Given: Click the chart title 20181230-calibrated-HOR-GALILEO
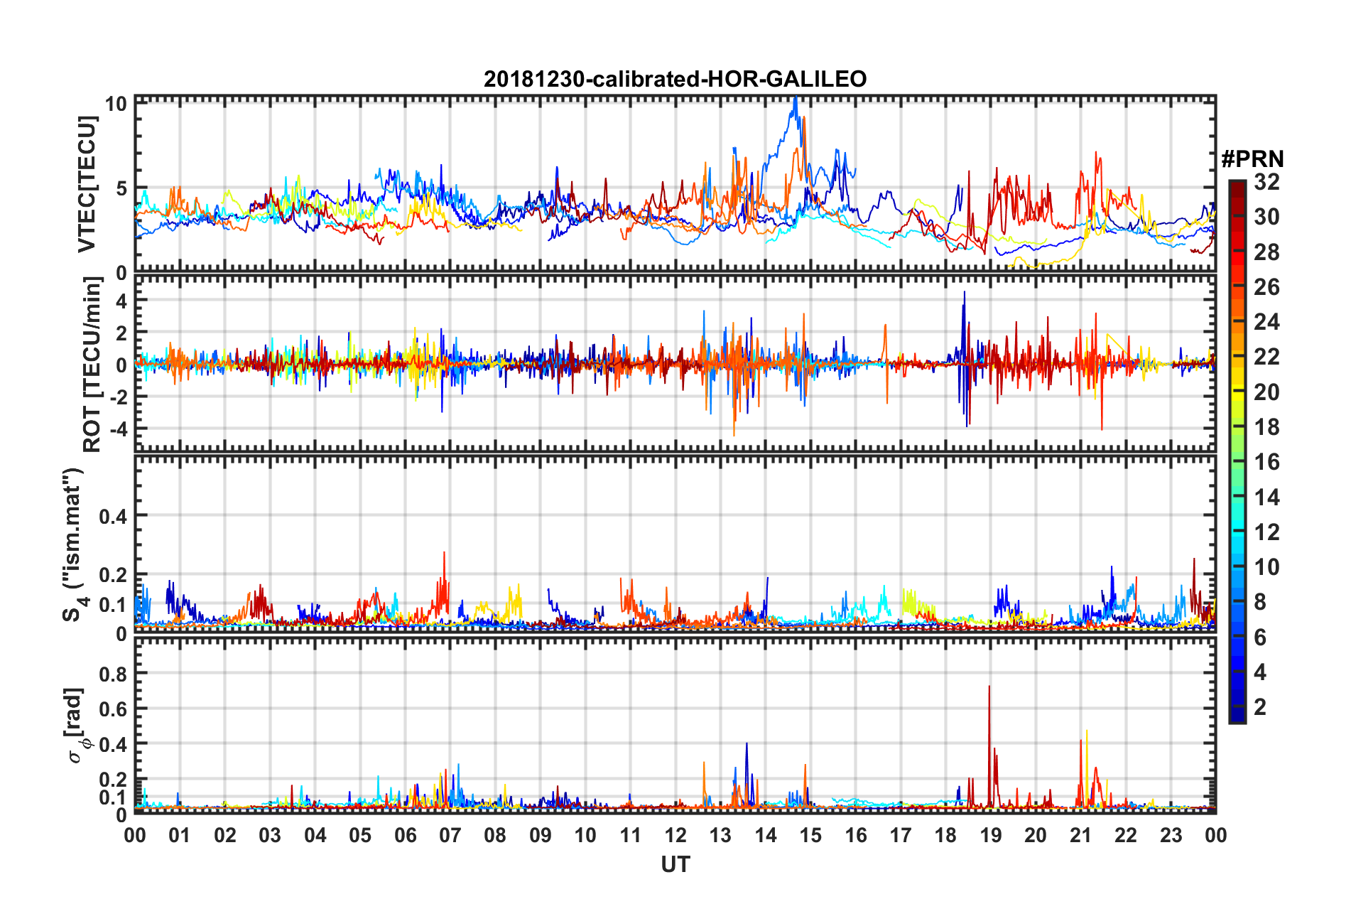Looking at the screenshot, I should (675, 79).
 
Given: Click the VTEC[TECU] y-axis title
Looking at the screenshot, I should (87, 185).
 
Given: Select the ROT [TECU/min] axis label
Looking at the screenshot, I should (92, 365).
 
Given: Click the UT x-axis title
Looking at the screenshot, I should (675, 864).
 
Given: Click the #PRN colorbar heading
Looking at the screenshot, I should (1252, 158).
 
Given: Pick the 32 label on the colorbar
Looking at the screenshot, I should (1266, 182).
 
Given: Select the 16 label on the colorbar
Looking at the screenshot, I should (1266, 462).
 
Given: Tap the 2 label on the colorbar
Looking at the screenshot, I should (1260, 707).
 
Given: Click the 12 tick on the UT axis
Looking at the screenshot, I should (675, 835).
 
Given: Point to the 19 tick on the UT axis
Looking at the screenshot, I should (990, 835).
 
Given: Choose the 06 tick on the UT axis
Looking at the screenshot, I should (405, 835).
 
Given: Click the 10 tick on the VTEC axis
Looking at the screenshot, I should (116, 104).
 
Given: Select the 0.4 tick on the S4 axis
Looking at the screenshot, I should (114, 516).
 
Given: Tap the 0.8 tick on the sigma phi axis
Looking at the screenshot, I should (114, 673).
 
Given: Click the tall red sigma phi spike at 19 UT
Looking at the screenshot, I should (989, 688).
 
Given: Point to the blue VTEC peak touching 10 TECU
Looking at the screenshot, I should (796, 99).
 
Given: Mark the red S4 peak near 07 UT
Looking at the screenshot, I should (445, 554).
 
